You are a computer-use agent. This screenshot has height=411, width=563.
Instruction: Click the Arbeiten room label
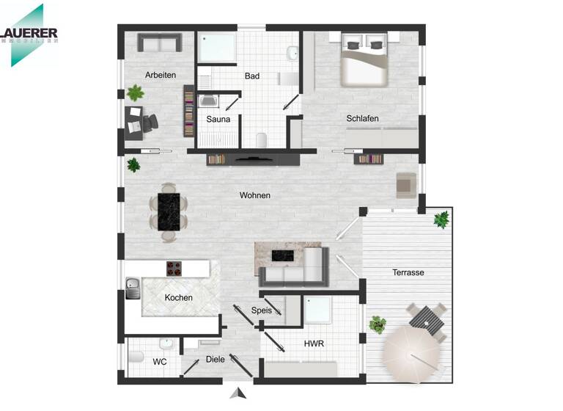tap(161, 75)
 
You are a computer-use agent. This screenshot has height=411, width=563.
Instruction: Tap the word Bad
tap(252, 76)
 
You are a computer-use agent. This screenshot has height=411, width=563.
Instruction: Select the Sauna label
tap(218, 119)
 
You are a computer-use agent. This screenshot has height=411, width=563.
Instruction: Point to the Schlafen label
tap(362, 118)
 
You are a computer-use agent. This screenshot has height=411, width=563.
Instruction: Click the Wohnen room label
tap(255, 195)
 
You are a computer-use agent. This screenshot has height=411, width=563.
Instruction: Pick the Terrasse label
tap(408, 272)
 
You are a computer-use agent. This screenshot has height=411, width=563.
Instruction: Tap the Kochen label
tap(179, 297)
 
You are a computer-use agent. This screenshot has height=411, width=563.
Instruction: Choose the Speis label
tap(262, 310)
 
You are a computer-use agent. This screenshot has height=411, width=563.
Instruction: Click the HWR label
tap(314, 343)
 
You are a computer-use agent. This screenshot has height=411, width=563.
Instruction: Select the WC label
tap(160, 362)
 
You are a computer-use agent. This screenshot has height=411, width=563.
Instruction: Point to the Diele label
tap(215, 360)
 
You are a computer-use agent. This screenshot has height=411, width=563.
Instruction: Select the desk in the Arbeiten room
tap(134, 122)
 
